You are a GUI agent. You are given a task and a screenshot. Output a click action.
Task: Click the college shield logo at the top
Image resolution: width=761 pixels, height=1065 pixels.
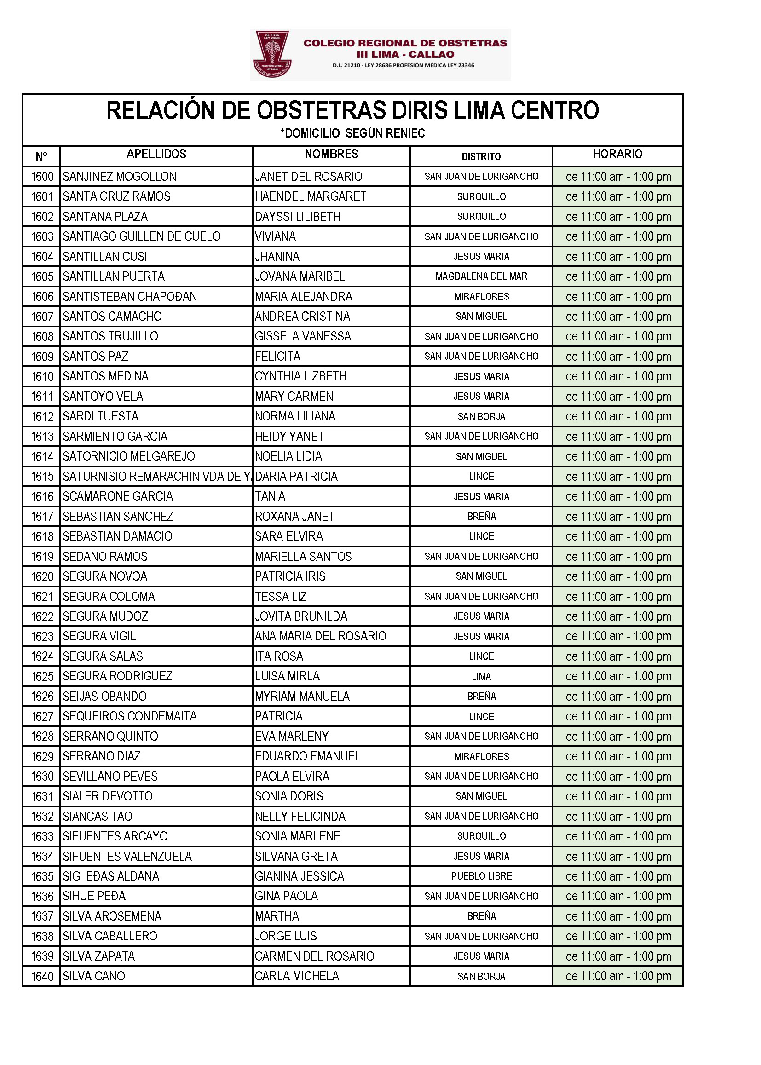pyautogui.click(x=272, y=54)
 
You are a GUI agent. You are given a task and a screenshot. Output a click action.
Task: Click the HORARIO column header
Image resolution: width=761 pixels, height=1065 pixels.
pyautogui.click(x=617, y=154)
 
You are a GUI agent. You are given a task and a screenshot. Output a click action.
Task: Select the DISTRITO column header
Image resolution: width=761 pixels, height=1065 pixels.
pyautogui.click(x=481, y=156)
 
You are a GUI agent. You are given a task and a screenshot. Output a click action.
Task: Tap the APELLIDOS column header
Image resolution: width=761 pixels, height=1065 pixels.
pyautogui.click(x=156, y=154)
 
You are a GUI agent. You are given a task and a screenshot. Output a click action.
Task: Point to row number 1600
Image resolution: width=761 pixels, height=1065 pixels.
pyautogui.click(x=42, y=177)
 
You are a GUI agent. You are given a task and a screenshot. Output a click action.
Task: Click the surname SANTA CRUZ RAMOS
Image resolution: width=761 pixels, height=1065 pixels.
pyautogui.click(x=117, y=196)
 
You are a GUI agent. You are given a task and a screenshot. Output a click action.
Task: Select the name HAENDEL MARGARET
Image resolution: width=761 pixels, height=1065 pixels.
pyautogui.click(x=310, y=196)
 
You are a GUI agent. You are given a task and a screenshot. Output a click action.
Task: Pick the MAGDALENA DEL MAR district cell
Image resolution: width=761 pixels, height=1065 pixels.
pyautogui.click(x=481, y=276)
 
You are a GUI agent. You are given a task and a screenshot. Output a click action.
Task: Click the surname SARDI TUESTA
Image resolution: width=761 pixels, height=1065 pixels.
pyautogui.click(x=101, y=416)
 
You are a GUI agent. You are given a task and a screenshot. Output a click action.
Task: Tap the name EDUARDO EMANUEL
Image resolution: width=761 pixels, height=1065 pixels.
pyautogui.click(x=307, y=756)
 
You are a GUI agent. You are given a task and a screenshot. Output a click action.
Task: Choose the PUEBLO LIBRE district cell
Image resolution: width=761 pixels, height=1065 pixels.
pyautogui.click(x=481, y=876)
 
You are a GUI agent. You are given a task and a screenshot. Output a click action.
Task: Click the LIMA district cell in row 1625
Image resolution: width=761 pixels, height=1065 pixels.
pyautogui.click(x=481, y=677)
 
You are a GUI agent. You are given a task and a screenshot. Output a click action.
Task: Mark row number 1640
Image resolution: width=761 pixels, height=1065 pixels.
pyautogui.click(x=42, y=977)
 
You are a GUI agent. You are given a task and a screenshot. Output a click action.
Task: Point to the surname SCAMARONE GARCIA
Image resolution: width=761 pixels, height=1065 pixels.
pyautogui.click(x=118, y=496)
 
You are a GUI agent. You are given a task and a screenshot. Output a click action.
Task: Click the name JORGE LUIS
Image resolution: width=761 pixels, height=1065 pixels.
pyautogui.click(x=286, y=936)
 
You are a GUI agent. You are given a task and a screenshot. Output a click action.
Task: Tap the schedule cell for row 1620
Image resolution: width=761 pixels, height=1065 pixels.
pyautogui.click(x=618, y=576)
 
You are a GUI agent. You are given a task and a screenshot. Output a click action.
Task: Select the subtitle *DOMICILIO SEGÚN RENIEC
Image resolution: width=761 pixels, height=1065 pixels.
pyautogui.click(x=352, y=133)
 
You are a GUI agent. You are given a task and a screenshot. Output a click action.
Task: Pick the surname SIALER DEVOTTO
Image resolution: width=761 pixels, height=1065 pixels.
pyautogui.click(x=108, y=796)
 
